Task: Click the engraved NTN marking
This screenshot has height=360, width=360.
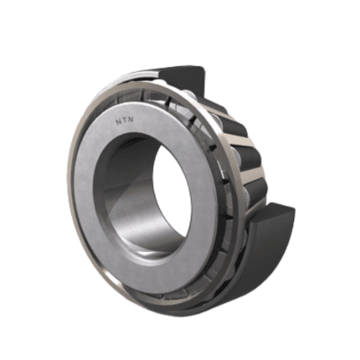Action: [x=125, y=121]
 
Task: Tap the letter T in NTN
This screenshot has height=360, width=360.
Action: [x=125, y=121]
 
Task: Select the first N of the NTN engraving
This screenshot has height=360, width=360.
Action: [x=118, y=121]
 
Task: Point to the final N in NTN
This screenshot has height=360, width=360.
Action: [x=131, y=119]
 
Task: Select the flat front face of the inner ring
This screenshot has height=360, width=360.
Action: [x=92, y=195]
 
